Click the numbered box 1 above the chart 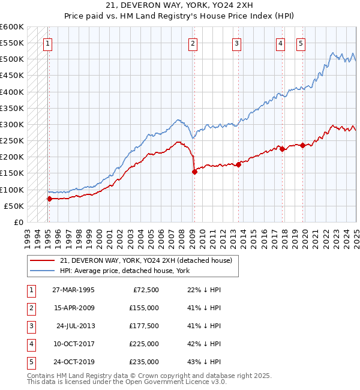(47, 43)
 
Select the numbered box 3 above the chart (237, 43)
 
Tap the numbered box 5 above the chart (301, 43)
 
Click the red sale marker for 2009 (194, 172)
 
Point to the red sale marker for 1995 (49, 199)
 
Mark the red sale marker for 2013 (238, 164)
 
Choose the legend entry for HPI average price (124, 271)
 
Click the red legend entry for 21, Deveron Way (149, 260)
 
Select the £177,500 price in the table (143, 326)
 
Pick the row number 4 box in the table (30, 344)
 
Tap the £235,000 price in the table (143, 362)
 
